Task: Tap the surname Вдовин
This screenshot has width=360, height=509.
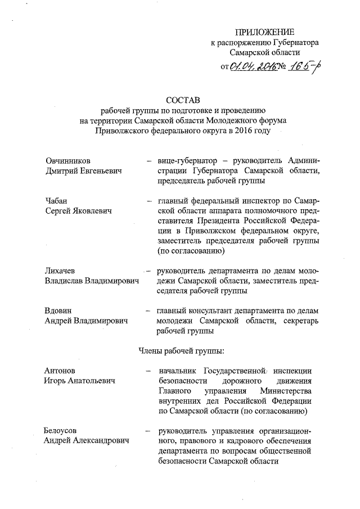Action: tap(59, 310)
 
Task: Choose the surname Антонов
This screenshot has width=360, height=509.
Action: tap(60, 371)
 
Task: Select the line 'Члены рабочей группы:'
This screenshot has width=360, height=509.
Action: tap(181, 352)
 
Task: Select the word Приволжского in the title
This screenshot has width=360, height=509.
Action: tap(123, 130)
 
